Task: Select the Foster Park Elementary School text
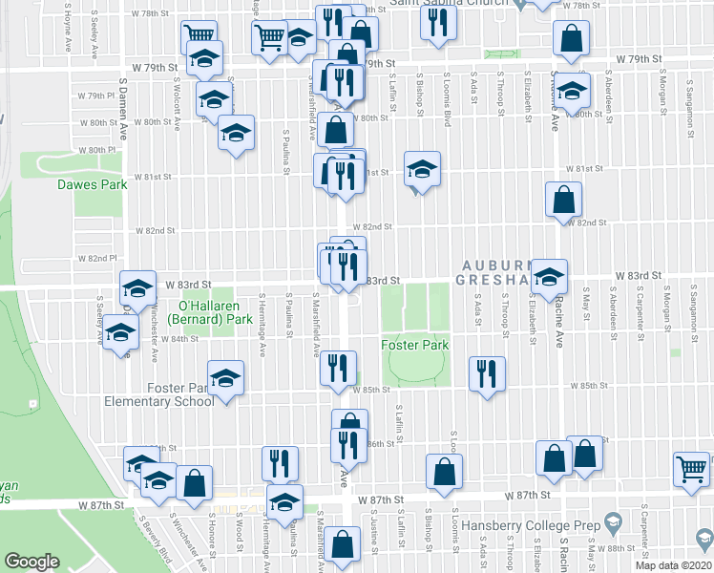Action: pyautogui.click(x=180, y=394)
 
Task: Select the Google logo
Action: pyautogui.click(x=31, y=562)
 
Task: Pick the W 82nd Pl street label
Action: pyautogui.click(x=96, y=259)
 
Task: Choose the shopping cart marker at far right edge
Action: pyautogui.click(x=692, y=468)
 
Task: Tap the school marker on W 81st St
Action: pyautogui.click(x=422, y=169)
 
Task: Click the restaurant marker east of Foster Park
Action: pyautogui.click(x=487, y=372)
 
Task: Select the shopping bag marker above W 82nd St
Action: pyautogui.click(x=563, y=199)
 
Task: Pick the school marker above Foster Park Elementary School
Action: pyautogui.click(x=226, y=378)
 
